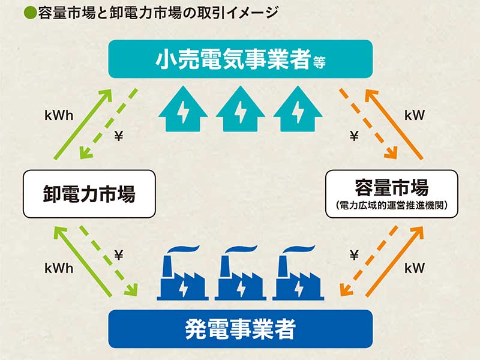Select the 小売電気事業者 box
pos(240,59)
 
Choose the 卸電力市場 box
pos(89,194)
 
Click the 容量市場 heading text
pos(391,188)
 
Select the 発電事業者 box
pos(240,329)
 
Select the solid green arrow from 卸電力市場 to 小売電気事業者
pos(82,124)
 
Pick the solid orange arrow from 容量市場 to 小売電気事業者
pos(398,124)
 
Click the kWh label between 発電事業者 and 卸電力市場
pos(58,269)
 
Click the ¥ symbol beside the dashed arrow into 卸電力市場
pos(118,136)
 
